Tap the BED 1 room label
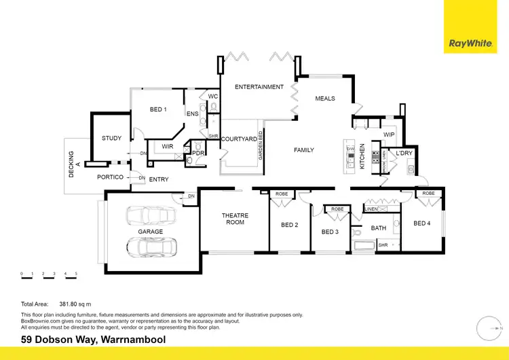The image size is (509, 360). point(158,109)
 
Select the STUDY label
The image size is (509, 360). point(112,139)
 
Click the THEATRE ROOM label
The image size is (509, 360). point(235,219)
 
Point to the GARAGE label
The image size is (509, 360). point(150,232)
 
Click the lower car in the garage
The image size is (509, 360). point(152,247)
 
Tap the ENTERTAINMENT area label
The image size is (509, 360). point(259,87)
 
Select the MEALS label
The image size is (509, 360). point(325,98)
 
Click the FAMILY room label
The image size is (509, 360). point(303,150)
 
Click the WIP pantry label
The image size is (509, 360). point(389,134)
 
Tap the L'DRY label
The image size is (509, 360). point(404,154)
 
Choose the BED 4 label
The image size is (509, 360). point(421,223)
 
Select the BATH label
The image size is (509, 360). point(378,228)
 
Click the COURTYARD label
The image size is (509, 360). point(239,139)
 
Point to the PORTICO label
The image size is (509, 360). point(110,177)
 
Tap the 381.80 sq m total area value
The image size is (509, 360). point(75,304)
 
